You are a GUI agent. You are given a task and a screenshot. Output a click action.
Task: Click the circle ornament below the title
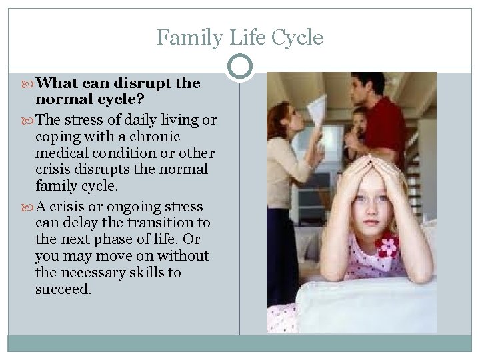pos(240,67)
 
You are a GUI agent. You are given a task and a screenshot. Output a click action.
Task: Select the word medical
pos(63,153)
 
